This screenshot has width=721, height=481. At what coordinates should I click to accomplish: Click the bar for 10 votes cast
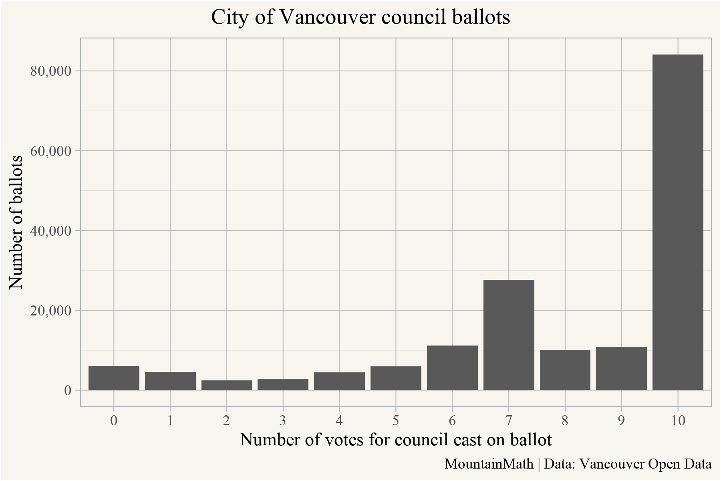pyautogui.click(x=678, y=222)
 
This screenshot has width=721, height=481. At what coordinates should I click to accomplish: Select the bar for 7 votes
pyautogui.click(x=509, y=335)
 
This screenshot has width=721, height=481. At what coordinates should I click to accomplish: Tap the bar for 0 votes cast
pyautogui.click(x=114, y=378)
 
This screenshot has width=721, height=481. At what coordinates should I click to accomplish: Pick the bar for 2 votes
pyautogui.click(x=227, y=385)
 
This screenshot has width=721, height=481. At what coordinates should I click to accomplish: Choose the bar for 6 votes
pyautogui.click(x=452, y=368)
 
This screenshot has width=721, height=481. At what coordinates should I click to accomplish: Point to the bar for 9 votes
pyautogui.click(x=621, y=368)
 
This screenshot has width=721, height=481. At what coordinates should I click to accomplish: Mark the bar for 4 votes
pyautogui.click(x=339, y=381)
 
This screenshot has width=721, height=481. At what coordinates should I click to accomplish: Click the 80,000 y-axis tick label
pyautogui.click(x=50, y=71)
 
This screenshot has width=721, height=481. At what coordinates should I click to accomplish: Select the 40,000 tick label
pyautogui.click(x=50, y=230)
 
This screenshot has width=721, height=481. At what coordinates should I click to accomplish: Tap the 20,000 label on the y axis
pyautogui.click(x=50, y=310)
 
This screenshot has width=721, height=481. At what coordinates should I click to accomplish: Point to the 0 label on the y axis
pyautogui.click(x=68, y=390)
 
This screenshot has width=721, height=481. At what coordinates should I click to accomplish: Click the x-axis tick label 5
pyautogui.click(x=396, y=420)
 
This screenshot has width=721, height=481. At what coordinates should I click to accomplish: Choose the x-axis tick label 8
pyautogui.click(x=565, y=420)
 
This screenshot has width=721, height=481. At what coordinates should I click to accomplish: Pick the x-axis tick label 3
pyautogui.click(x=283, y=420)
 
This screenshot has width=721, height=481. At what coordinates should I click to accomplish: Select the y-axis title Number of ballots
pyautogui.click(x=16, y=222)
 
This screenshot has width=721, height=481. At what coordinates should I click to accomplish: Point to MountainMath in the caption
pyautogui.click(x=489, y=464)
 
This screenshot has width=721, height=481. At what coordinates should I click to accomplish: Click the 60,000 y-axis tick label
pyautogui.click(x=50, y=151)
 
